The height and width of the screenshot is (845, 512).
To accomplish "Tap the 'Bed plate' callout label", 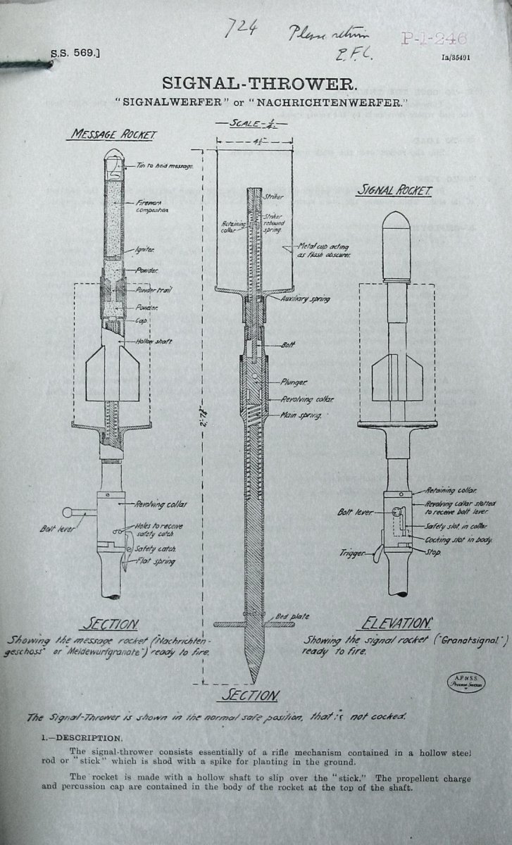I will (292, 616).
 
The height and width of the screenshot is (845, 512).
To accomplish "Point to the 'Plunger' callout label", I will (292, 382).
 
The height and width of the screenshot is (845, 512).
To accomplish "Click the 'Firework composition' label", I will (149, 206).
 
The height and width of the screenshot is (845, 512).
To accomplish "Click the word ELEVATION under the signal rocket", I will (395, 624).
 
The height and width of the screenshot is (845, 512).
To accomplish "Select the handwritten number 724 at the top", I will (238, 29).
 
